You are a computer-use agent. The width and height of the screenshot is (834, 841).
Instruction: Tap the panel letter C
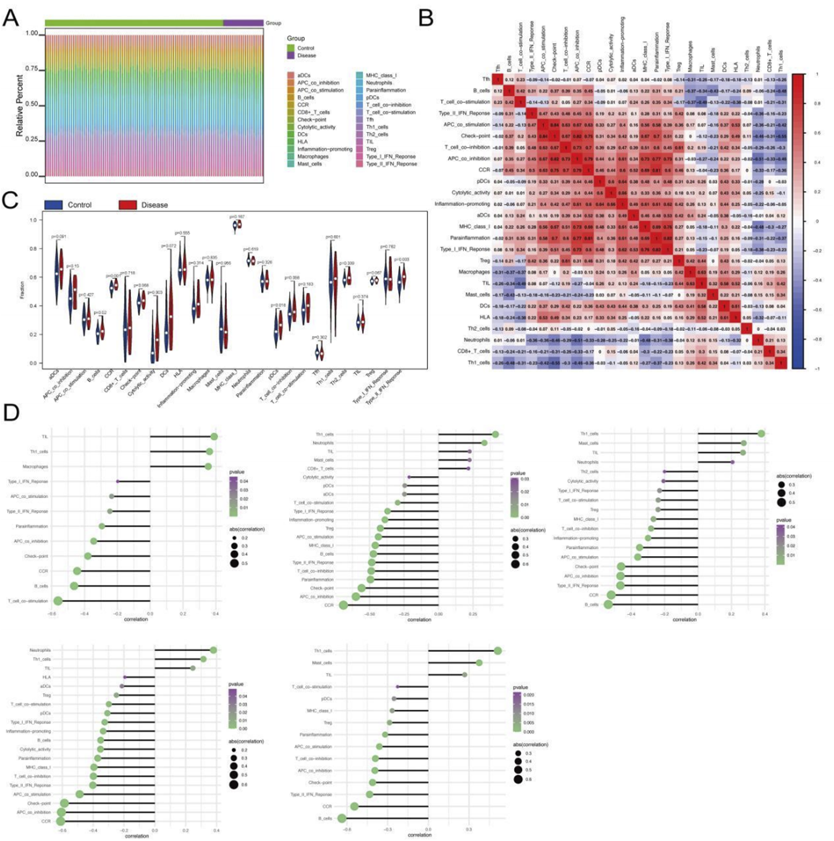[x=10, y=200]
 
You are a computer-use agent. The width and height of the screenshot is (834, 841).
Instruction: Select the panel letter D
[x=11, y=412]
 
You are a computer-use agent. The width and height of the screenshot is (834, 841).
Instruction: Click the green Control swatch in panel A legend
[x=291, y=48]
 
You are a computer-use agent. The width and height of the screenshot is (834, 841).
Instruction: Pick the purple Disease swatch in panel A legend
[x=291, y=56]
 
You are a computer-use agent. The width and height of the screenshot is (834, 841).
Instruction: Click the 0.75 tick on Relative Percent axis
[x=32, y=69]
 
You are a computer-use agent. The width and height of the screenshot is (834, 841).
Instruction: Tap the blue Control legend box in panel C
[x=53, y=205]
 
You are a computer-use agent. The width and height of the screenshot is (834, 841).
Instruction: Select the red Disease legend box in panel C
[x=128, y=205]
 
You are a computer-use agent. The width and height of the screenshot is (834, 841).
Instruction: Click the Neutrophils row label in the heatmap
[x=477, y=340]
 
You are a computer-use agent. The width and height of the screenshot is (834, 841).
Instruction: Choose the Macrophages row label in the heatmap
[x=474, y=272]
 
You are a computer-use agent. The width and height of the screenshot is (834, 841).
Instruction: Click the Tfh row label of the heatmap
[x=486, y=79]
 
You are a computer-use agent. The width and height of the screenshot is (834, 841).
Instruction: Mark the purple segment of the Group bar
[x=243, y=23]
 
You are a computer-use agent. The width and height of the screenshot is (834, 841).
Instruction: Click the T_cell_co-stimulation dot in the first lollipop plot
[x=58, y=601]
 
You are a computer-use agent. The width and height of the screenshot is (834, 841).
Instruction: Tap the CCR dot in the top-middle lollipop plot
[x=343, y=605]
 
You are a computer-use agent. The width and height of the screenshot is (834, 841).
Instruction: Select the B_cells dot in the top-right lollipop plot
[x=608, y=604]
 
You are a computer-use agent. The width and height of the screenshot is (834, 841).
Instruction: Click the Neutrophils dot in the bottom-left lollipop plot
[x=213, y=650]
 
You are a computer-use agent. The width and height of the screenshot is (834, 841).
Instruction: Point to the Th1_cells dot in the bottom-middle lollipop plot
[x=497, y=651]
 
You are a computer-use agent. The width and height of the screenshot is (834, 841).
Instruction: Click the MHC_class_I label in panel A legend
[x=381, y=75]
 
